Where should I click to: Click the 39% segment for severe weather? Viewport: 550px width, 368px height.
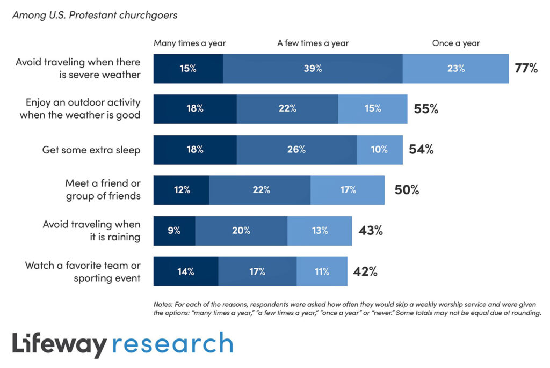coord(312,69)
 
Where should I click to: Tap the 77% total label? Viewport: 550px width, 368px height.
coord(526,68)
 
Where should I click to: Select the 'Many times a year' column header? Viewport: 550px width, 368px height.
coord(190,43)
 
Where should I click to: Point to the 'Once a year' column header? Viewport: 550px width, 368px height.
coord(456,43)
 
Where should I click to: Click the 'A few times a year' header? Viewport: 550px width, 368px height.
coord(312,43)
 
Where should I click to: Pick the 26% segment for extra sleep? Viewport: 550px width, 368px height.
coord(296,150)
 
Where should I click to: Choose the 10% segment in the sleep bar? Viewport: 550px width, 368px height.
coord(379,150)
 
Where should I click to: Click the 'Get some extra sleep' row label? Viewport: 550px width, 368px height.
coord(91,150)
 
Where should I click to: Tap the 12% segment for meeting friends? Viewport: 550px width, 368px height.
coord(181,190)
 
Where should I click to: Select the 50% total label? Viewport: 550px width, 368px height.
coord(407,190)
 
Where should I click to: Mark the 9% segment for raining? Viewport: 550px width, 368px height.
coord(174,231)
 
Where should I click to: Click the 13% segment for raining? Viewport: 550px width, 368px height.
coord(320,231)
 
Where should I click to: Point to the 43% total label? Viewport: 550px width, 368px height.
coord(371,231)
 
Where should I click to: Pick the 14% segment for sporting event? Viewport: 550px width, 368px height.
coord(186,271)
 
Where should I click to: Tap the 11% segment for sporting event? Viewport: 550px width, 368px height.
coord(322,271)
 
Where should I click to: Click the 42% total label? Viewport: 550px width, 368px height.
coord(365,271)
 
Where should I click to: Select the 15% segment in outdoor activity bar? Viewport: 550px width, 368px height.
coord(373,108)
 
